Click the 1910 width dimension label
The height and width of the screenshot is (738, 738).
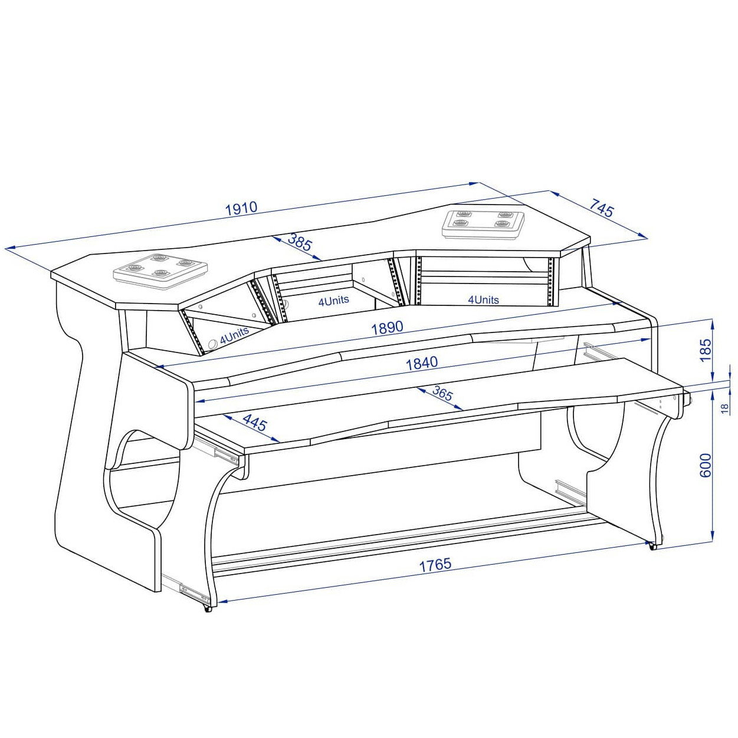click(x=241, y=207)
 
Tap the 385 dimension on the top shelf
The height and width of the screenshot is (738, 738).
click(x=300, y=242)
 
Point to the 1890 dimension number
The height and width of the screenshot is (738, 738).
click(x=387, y=328)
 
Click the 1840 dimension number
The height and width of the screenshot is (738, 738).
click(x=421, y=363)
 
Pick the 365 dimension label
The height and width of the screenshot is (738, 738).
click(x=442, y=393)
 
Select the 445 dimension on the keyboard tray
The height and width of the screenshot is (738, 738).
click(x=255, y=423)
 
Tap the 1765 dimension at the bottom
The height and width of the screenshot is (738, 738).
click(x=435, y=565)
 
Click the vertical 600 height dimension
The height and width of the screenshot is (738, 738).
click(x=705, y=465)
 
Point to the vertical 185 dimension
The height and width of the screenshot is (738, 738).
click(x=705, y=350)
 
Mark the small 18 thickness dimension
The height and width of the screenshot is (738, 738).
click(x=725, y=407)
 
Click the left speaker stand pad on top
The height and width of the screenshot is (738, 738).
click(x=160, y=270)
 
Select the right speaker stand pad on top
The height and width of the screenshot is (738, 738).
click(x=483, y=223)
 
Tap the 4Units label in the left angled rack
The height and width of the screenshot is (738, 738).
click(x=234, y=335)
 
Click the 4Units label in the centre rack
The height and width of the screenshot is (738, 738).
click(x=333, y=301)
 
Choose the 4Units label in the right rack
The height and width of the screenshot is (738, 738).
click(x=483, y=299)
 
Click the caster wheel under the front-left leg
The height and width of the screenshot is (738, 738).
click(x=207, y=608)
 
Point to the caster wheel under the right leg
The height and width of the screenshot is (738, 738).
click(x=652, y=546)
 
